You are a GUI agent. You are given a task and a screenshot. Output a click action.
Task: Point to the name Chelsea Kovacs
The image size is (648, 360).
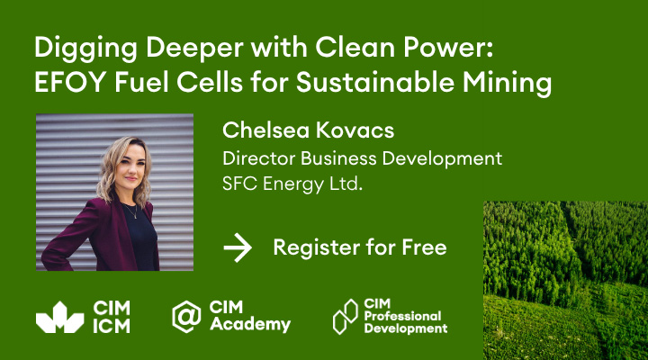tap(309, 130)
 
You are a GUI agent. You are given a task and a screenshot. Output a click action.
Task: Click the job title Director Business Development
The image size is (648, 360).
tap(362, 159)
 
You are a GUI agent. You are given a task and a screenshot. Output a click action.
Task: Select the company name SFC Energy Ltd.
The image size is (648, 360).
tap(292, 184)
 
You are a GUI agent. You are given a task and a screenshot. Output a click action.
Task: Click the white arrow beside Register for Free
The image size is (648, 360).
tap(238, 247)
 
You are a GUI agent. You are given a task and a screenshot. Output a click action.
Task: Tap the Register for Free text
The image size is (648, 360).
tap(360, 248)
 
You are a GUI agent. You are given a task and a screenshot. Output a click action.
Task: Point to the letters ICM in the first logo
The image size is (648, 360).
tap(112, 326)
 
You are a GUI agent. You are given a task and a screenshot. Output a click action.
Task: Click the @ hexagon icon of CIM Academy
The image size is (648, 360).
tap(186, 317)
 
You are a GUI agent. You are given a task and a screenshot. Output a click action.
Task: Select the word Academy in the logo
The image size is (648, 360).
tap(250, 325)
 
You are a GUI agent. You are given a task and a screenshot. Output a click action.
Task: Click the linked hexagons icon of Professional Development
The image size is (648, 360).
tap(345, 317)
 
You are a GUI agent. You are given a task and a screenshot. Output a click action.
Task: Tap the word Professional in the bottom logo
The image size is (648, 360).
tap(402, 316)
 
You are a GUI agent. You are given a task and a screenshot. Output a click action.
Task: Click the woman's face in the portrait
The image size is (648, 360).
tap(130, 167)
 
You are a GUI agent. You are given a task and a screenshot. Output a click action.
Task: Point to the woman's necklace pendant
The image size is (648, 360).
tap(135, 217)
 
